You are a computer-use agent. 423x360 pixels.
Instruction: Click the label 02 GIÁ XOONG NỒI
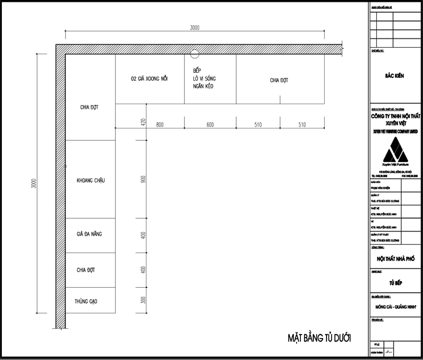[x=149, y=78]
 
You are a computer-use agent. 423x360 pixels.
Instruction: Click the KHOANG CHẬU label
[x=90, y=181]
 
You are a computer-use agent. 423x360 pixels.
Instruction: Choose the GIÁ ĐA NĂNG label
[x=89, y=234]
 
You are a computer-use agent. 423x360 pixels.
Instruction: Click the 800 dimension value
[x=160, y=124]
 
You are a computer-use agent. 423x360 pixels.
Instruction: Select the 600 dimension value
[x=210, y=124]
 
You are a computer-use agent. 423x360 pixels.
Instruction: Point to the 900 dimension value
[x=143, y=179]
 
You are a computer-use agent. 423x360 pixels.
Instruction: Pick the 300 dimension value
[x=143, y=300]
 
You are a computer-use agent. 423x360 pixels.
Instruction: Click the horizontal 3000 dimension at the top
[x=194, y=28]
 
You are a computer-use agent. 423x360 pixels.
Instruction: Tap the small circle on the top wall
[x=195, y=53]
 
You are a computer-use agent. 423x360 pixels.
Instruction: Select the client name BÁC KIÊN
[x=394, y=76]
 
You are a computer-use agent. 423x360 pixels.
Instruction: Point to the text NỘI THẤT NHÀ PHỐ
[x=395, y=259]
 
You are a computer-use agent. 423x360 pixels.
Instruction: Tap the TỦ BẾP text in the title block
[x=395, y=282]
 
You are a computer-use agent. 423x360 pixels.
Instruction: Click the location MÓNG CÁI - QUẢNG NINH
[x=395, y=307]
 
